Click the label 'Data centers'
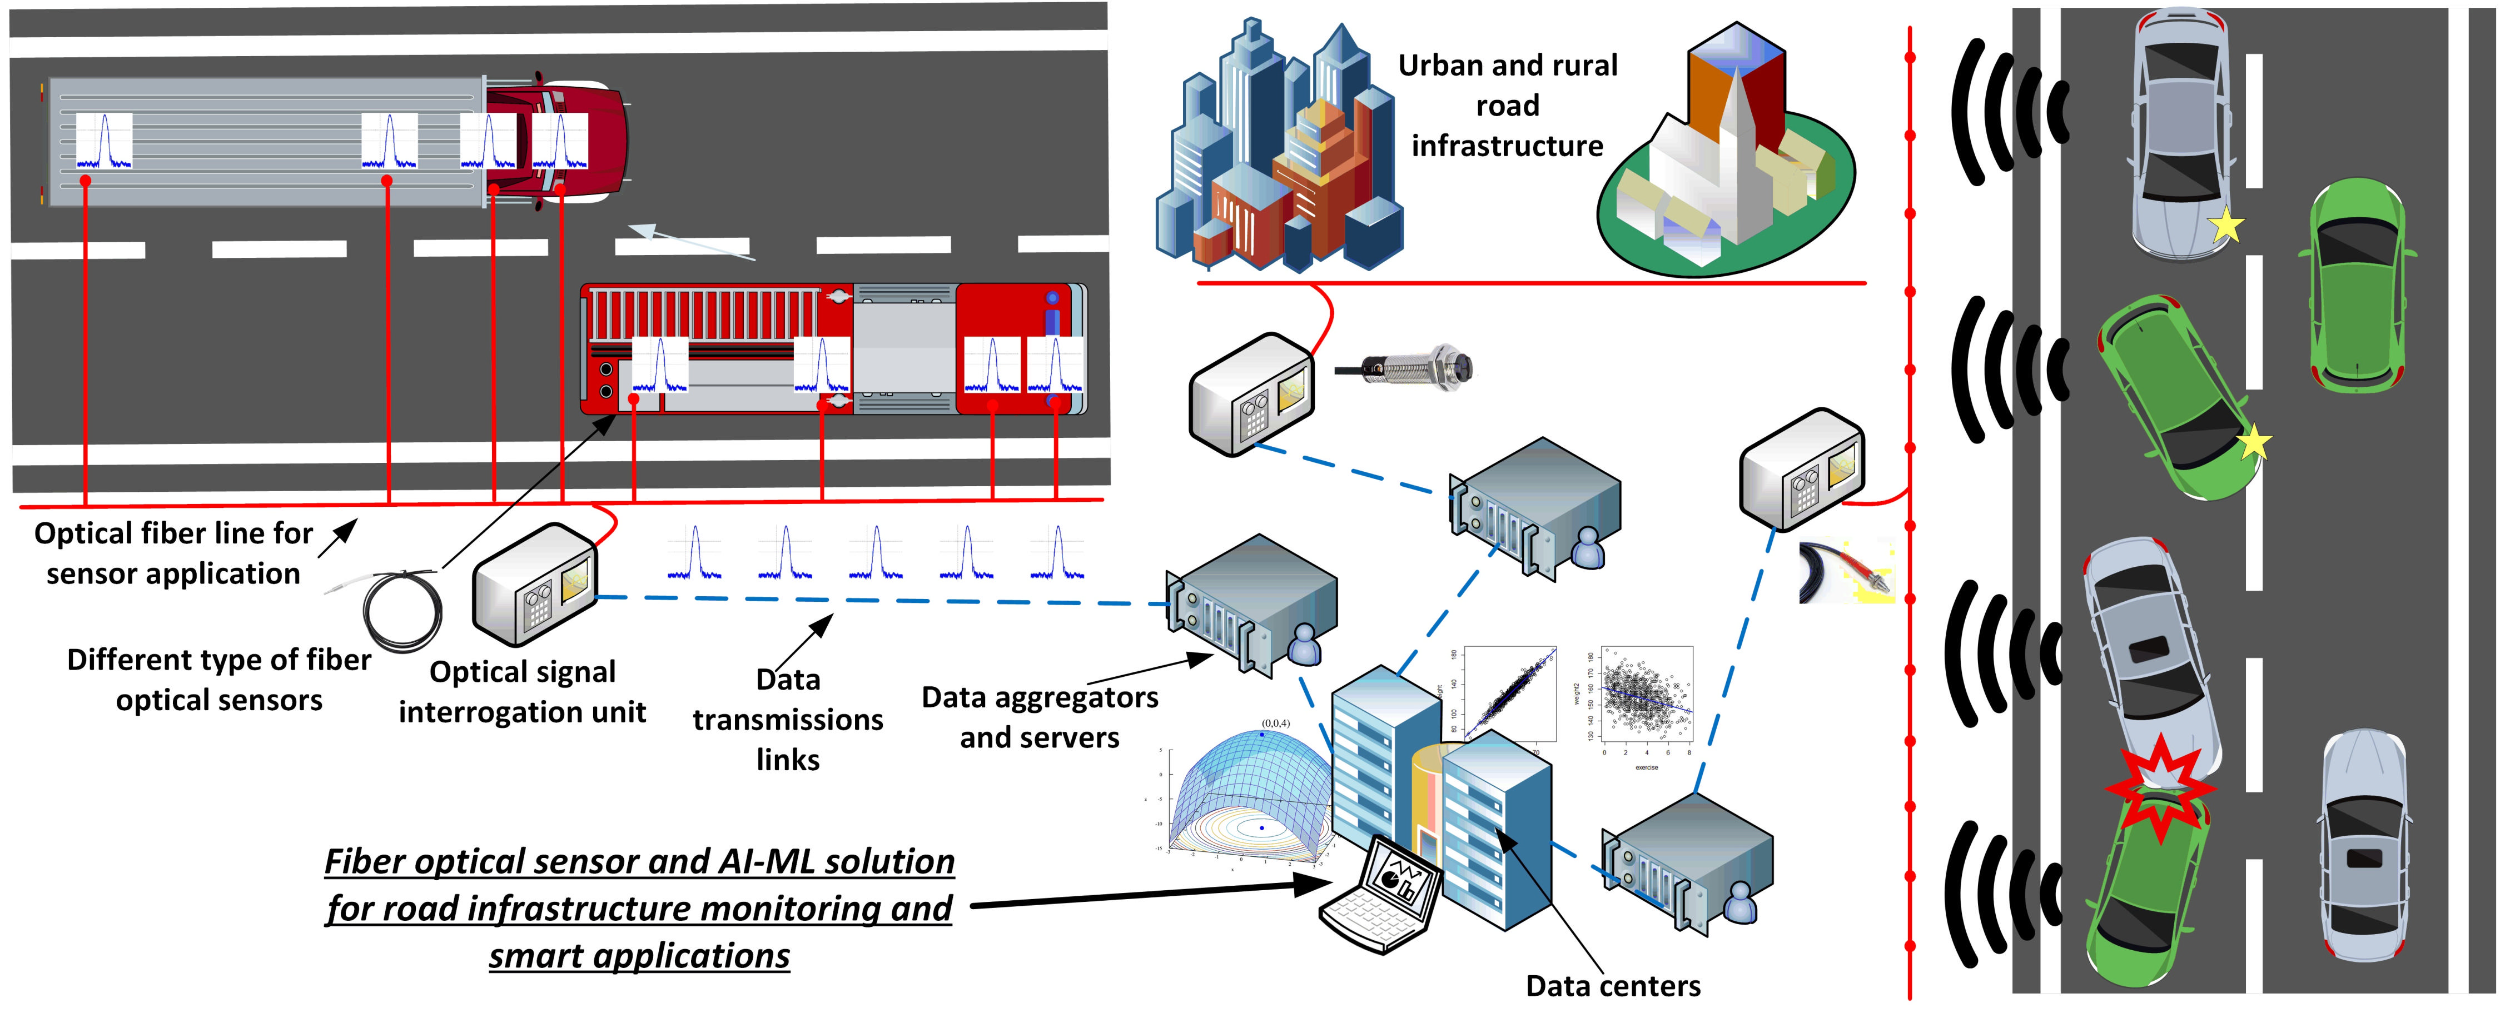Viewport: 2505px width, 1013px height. point(1612,986)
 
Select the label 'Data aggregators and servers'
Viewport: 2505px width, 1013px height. point(1040,717)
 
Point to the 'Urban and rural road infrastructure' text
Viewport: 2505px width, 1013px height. point(1507,105)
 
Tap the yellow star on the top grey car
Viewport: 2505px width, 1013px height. point(2225,227)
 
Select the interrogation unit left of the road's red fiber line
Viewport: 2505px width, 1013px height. point(1801,470)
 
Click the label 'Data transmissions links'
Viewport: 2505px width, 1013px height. point(788,720)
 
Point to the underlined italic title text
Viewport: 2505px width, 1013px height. point(639,908)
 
